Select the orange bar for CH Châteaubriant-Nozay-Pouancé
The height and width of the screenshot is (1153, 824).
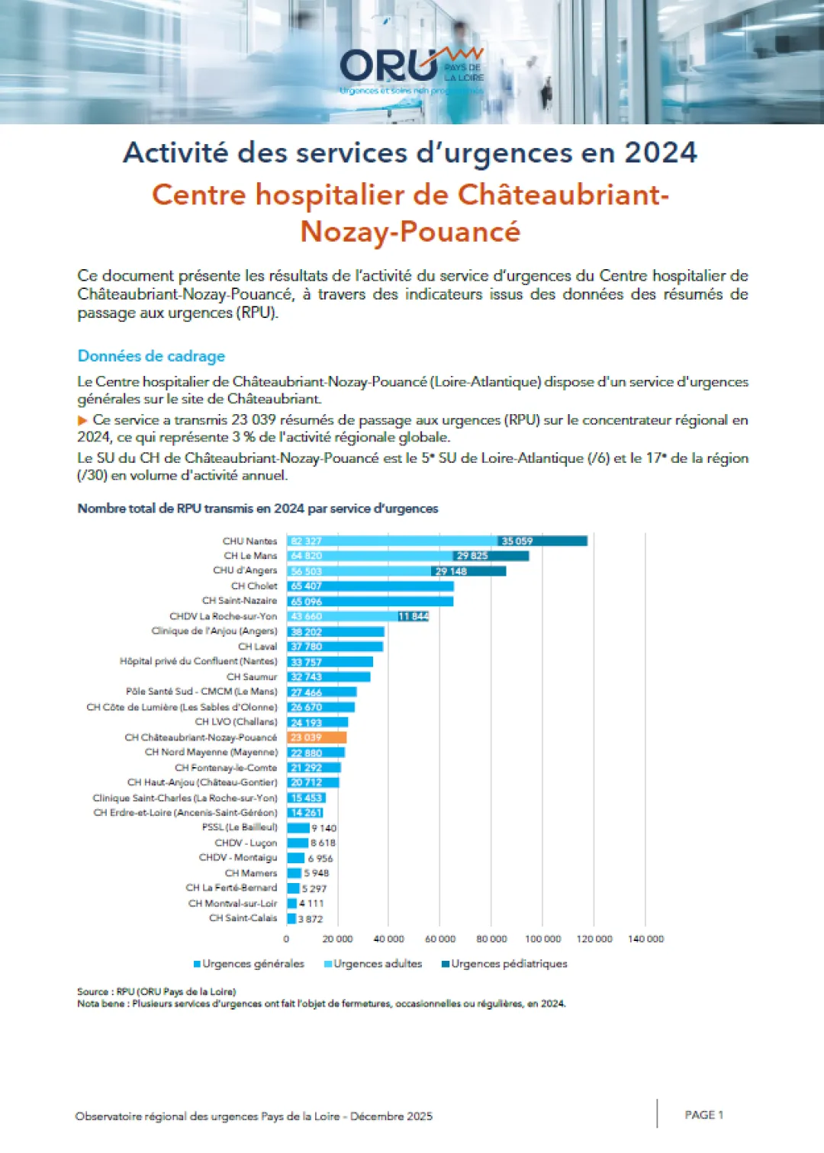317,737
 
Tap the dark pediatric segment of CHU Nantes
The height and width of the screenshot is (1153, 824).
542,541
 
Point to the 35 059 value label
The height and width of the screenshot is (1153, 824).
517,541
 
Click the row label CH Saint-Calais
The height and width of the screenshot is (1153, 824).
243,918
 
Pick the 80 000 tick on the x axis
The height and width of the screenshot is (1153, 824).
491,939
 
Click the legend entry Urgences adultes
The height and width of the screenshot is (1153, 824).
378,964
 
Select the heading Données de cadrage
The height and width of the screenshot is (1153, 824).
151,356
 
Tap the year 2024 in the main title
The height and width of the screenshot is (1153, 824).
661,153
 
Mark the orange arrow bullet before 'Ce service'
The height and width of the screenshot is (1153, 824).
82,420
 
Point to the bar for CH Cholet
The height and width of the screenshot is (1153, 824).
370,586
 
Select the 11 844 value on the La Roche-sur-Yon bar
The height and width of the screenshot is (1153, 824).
413,616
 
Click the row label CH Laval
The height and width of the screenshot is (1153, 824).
257,647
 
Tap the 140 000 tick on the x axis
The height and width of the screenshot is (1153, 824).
645,939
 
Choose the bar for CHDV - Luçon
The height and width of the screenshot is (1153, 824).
297,843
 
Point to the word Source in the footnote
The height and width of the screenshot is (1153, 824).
92,991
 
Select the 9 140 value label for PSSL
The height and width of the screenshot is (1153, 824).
323,828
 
